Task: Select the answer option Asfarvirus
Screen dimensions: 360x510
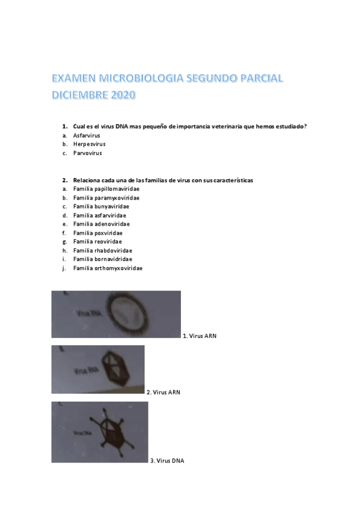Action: (x=87, y=135)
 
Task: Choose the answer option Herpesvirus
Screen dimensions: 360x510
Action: (x=88, y=144)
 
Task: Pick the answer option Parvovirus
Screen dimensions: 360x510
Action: (x=88, y=153)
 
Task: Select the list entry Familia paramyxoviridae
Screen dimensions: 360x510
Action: (x=106, y=197)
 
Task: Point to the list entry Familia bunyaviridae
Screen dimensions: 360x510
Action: (x=101, y=206)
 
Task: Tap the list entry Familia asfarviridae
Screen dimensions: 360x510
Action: (x=100, y=215)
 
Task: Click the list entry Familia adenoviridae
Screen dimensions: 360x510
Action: (x=102, y=224)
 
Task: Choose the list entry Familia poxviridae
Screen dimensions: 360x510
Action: (x=98, y=233)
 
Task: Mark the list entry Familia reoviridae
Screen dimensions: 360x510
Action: (x=98, y=241)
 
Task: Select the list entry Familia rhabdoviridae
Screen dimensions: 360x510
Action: (x=103, y=250)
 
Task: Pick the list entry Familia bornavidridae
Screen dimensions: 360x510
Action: (x=103, y=259)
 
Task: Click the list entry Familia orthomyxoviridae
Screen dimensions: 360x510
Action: (x=108, y=268)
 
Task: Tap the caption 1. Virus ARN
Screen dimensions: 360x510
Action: (x=199, y=336)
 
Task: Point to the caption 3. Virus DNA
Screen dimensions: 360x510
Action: (x=167, y=461)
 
